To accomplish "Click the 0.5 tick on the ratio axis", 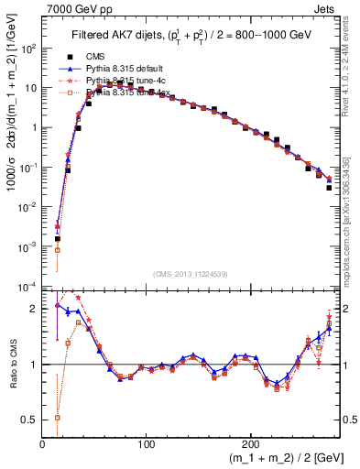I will [x=30, y=419].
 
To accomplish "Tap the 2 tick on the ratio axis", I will [x=34, y=309].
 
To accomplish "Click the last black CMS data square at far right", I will [x=329, y=188].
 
